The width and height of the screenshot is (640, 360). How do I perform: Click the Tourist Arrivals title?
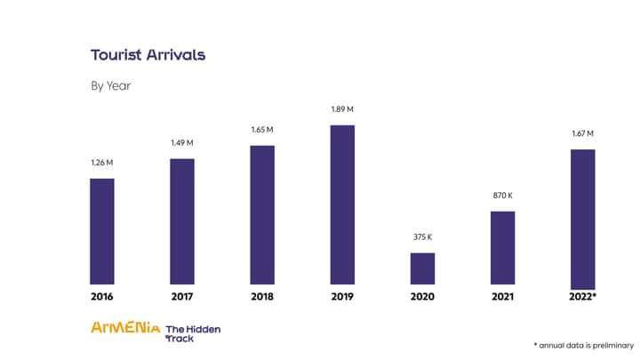pyautogui.click(x=148, y=55)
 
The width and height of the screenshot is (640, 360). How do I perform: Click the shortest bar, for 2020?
pyautogui.click(x=422, y=268)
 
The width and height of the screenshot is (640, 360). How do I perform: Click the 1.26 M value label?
pyautogui.click(x=102, y=163)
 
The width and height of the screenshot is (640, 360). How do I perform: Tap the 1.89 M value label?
pyautogui.click(x=342, y=109)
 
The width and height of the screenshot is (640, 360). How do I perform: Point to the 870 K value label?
pyautogui.click(x=502, y=195)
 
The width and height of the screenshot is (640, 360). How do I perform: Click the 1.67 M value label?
pyautogui.click(x=582, y=133)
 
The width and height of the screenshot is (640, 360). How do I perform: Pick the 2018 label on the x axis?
pyautogui.click(x=262, y=296)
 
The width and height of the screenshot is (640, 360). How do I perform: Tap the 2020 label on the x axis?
pyautogui.click(x=422, y=296)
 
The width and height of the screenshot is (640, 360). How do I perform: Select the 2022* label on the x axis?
pyautogui.click(x=582, y=296)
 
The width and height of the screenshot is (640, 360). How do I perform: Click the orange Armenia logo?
pyautogui.click(x=124, y=327)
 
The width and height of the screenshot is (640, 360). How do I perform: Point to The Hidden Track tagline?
pyautogui.click(x=193, y=332)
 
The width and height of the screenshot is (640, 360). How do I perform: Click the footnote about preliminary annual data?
pyautogui.click(x=583, y=345)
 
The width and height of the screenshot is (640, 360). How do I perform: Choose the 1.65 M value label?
pyautogui.click(x=262, y=130)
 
